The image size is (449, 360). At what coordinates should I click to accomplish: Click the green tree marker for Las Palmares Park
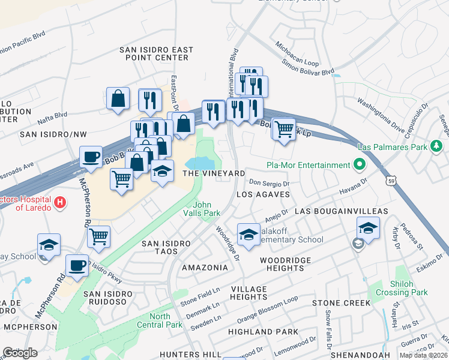click(x=438, y=146)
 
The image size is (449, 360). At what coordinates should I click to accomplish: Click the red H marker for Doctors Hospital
click(x=59, y=203)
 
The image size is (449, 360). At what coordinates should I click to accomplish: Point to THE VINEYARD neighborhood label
click(x=214, y=173)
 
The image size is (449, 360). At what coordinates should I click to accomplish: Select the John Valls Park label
click(x=202, y=209)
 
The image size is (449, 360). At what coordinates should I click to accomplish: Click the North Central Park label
click(x=165, y=320)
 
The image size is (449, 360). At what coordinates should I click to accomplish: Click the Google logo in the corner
click(x=20, y=352)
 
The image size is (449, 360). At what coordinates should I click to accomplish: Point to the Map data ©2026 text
click(x=423, y=356)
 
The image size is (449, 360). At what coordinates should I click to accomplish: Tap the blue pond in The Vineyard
click(x=201, y=163)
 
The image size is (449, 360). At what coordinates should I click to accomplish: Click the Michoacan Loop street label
click(x=297, y=53)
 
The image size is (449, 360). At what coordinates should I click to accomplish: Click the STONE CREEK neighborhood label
click(x=341, y=303)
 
